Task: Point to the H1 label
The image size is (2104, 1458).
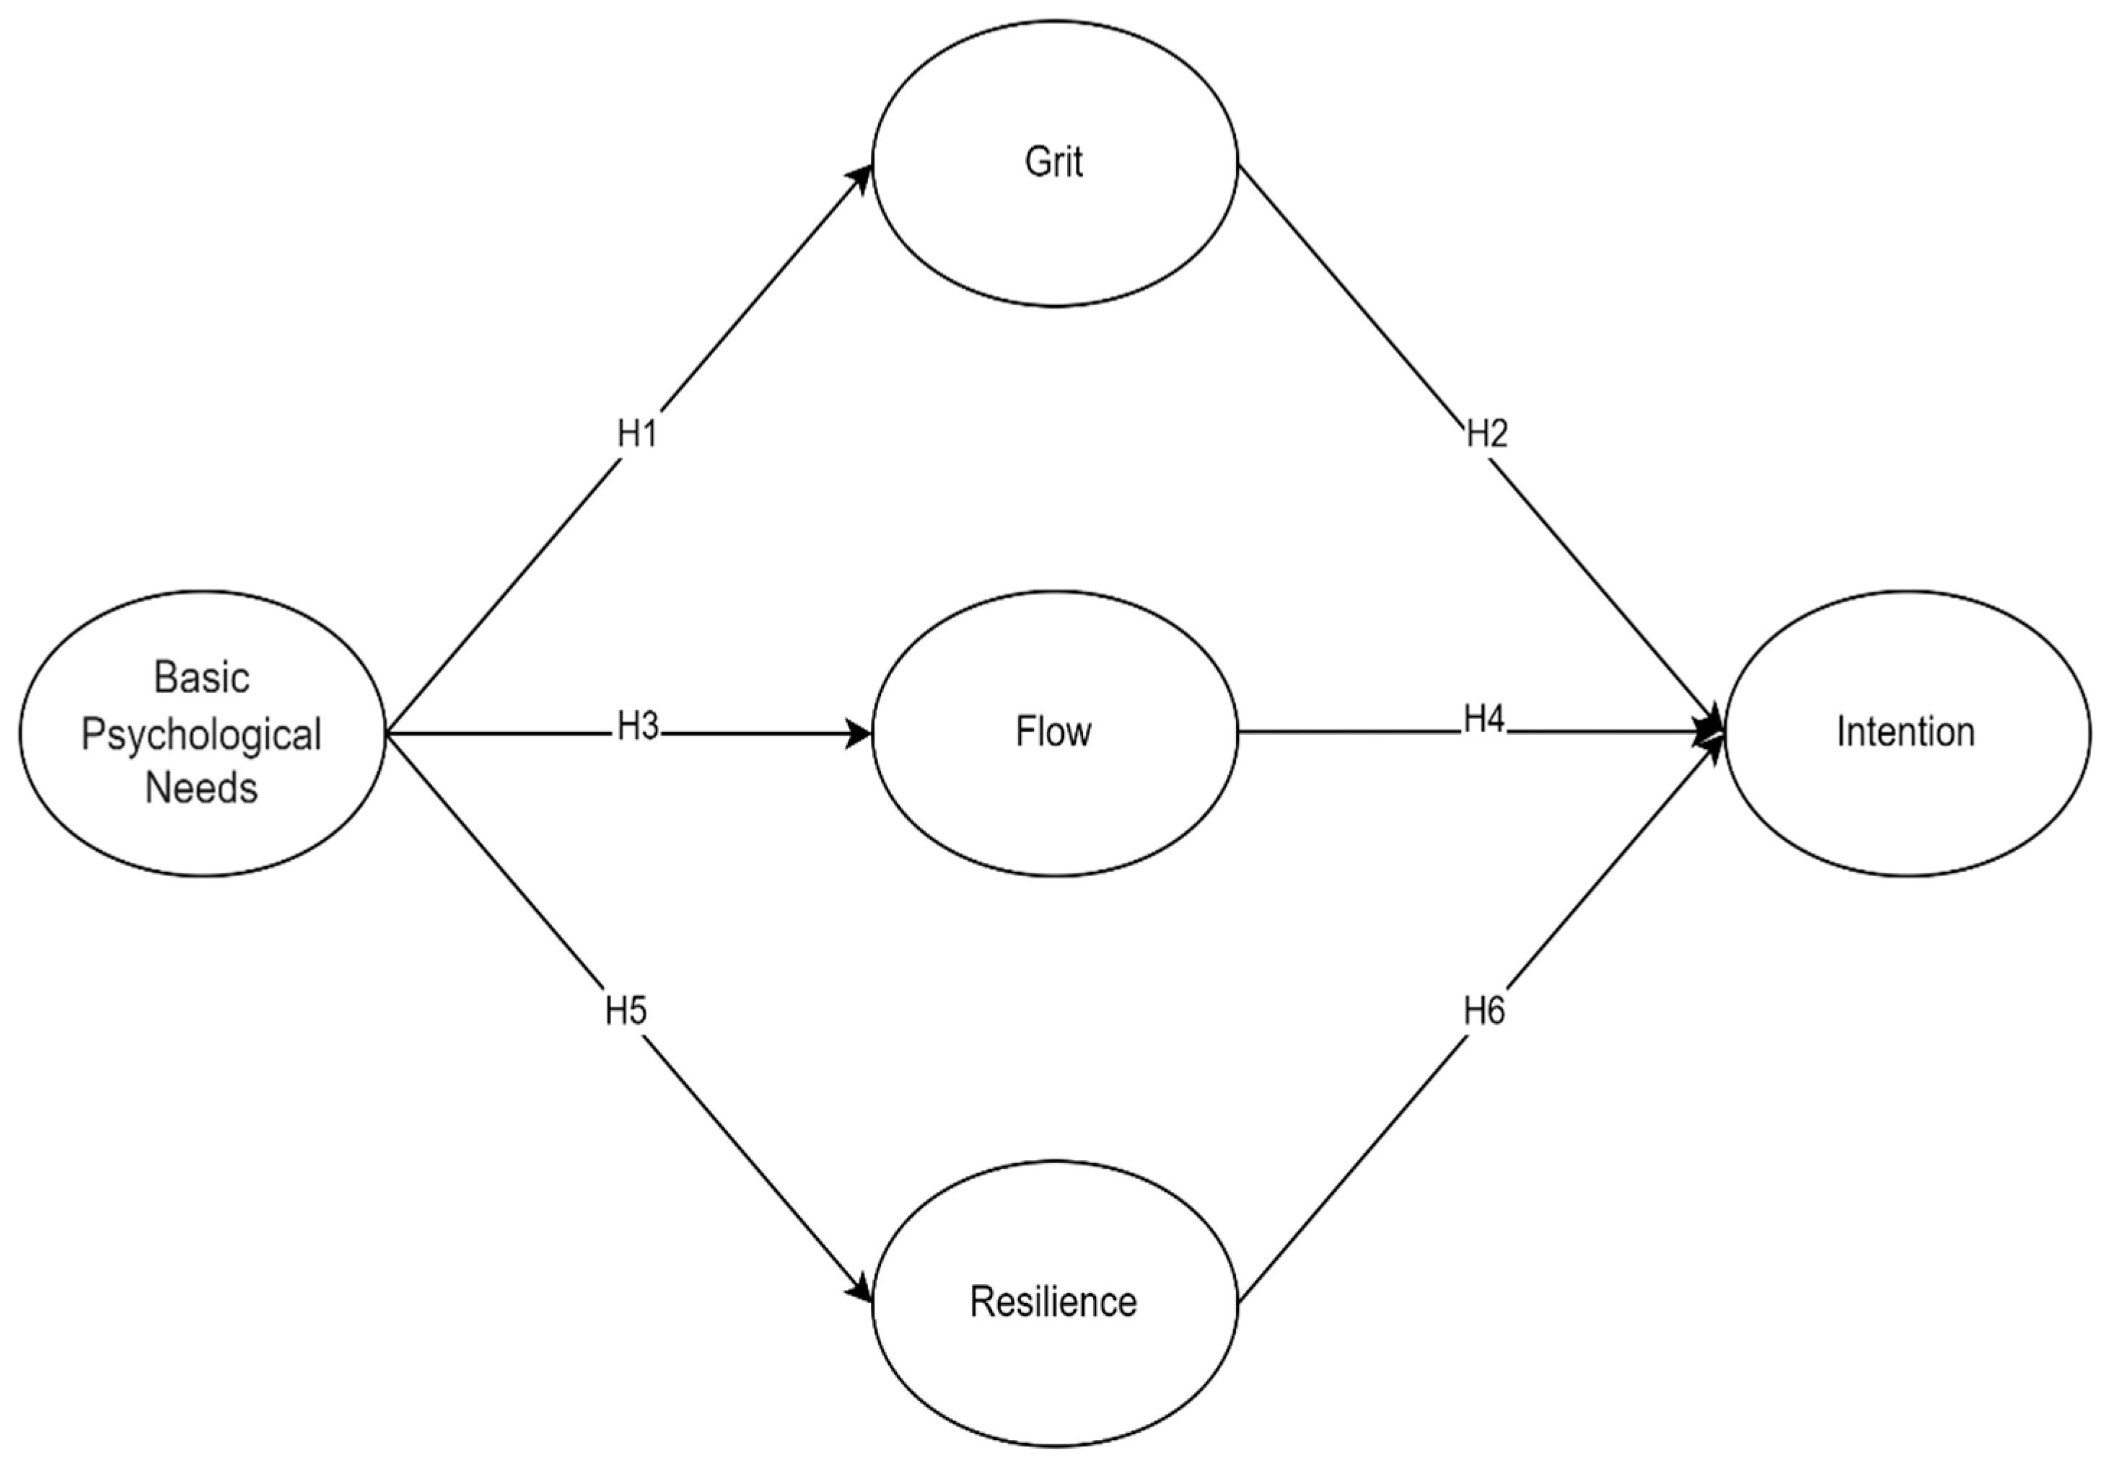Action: [637, 434]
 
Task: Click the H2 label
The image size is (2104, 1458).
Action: [1486, 434]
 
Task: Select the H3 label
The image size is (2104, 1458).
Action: [637, 727]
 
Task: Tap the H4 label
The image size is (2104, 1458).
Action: [1483, 720]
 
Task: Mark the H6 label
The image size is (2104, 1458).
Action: [1483, 1011]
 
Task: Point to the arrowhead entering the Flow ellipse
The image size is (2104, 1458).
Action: [859, 733]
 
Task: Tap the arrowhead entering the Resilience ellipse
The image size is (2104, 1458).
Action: [860, 1290]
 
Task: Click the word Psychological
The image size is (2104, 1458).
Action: [201, 735]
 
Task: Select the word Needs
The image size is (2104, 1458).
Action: [201, 787]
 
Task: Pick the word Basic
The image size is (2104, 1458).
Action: [201, 678]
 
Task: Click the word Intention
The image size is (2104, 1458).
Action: [1906, 732]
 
